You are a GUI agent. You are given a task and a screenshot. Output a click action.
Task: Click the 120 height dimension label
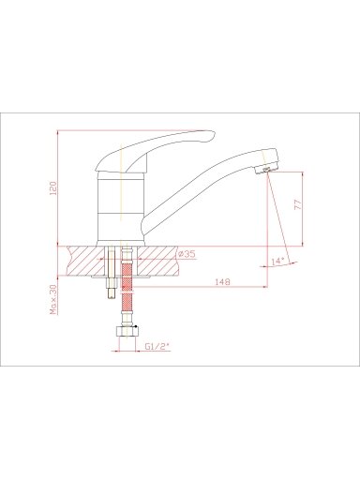coord(53,188)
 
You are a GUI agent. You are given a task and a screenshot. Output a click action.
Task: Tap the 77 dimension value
coord(298,204)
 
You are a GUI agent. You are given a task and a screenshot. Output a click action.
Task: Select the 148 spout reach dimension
coord(222,281)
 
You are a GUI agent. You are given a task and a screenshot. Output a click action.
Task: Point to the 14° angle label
coord(277,262)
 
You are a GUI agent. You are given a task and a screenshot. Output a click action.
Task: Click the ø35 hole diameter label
coord(187,254)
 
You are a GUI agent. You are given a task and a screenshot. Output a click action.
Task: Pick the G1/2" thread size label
coord(157,346)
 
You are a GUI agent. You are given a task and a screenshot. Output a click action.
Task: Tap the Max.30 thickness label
coord(53,299)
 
